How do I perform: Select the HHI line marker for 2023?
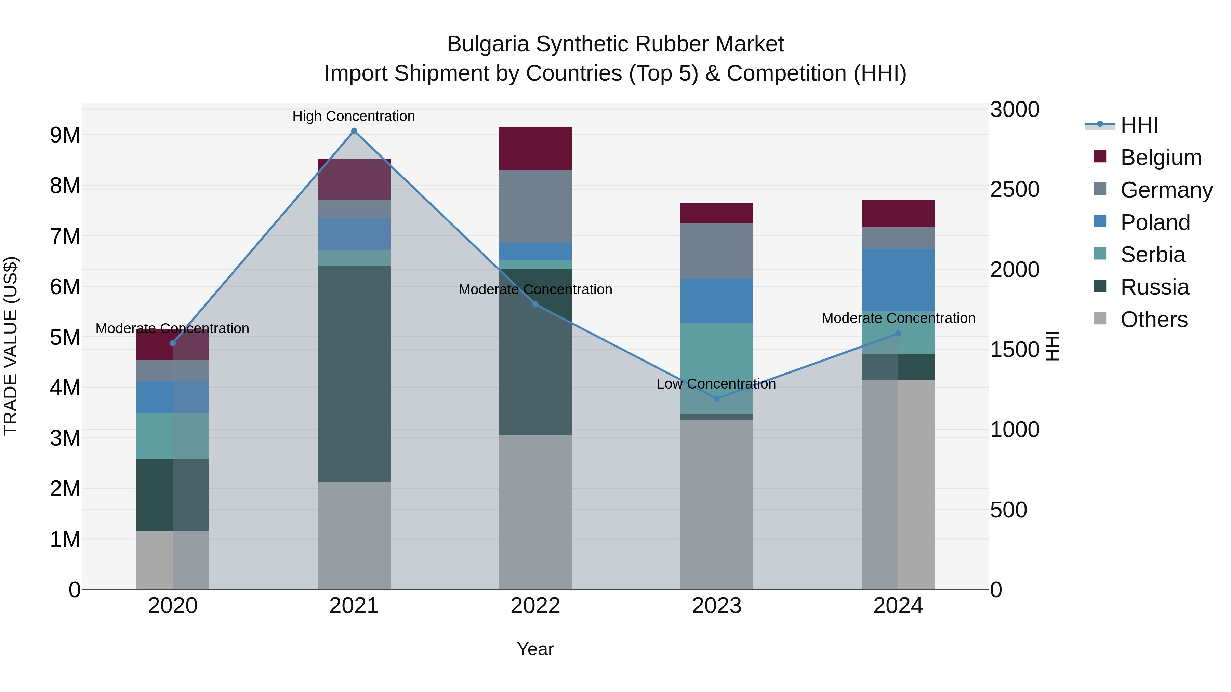(x=716, y=398)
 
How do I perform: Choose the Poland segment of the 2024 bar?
(x=898, y=280)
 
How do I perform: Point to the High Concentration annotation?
(x=354, y=116)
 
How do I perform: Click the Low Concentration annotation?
(x=716, y=384)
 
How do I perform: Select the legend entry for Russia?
(x=1154, y=287)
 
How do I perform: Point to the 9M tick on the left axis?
(x=65, y=135)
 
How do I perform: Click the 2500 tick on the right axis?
(x=1014, y=190)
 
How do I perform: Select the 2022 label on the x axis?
(x=535, y=606)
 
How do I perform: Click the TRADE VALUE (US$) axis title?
(x=11, y=346)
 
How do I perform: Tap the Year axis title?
(x=535, y=649)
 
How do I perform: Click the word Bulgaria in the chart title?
(x=488, y=44)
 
